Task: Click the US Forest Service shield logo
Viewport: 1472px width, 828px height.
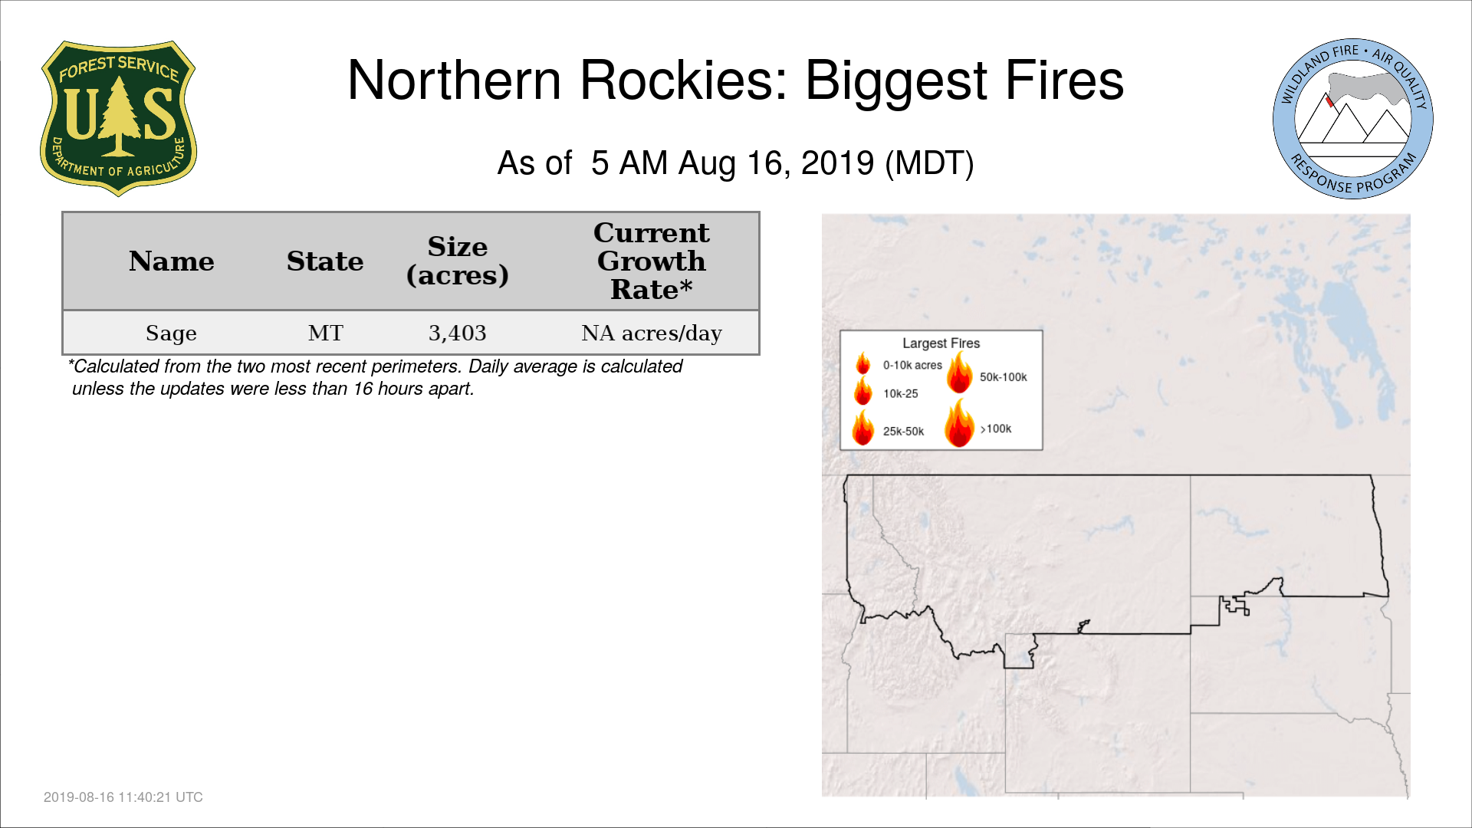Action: click(118, 119)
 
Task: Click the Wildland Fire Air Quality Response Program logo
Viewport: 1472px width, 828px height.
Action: click(1353, 119)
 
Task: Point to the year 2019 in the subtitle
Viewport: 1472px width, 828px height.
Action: click(837, 163)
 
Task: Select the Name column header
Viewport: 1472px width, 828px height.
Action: click(172, 261)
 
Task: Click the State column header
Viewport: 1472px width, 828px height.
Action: click(325, 261)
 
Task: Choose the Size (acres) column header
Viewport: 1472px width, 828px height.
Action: click(458, 261)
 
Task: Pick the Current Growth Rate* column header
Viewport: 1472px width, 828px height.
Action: click(652, 261)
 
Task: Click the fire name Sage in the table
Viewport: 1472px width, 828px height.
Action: click(172, 333)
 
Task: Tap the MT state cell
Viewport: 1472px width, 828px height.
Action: click(326, 333)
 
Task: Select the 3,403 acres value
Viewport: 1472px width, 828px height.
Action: click(458, 333)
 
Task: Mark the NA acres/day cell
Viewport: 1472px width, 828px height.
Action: click(652, 333)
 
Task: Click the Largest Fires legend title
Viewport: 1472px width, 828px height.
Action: click(941, 343)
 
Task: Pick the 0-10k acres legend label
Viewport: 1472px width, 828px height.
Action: click(912, 366)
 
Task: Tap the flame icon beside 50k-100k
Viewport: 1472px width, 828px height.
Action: click(960, 373)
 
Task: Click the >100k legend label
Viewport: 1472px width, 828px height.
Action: click(996, 429)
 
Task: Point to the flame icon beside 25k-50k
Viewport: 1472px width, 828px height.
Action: click(864, 427)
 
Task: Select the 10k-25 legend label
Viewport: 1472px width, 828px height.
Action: click(901, 394)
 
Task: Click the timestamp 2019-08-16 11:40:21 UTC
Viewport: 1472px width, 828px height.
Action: click(123, 797)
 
